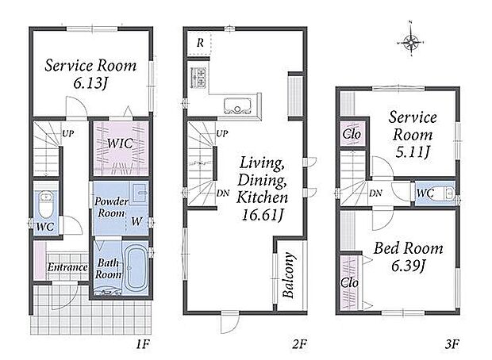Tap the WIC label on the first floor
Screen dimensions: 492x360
[x=120, y=144]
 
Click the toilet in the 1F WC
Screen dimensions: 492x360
[x=47, y=204]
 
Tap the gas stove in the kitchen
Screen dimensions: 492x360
[x=198, y=77]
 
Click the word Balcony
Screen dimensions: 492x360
[x=289, y=274]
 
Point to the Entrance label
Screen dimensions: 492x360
[x=67, y=267]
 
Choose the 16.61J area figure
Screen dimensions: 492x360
[x=263, y=215]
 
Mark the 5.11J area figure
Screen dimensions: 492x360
[x=412, y=152]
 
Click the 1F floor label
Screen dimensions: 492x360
[x=143, y=345]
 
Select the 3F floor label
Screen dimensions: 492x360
[x=452, y=344]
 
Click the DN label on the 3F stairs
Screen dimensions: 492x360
[x=375, y=193]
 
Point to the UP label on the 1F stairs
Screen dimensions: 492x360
[x=67, y=133]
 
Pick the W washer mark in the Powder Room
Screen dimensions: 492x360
[x=136, y=221]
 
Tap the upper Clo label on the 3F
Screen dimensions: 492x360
[x=352, y=134]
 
